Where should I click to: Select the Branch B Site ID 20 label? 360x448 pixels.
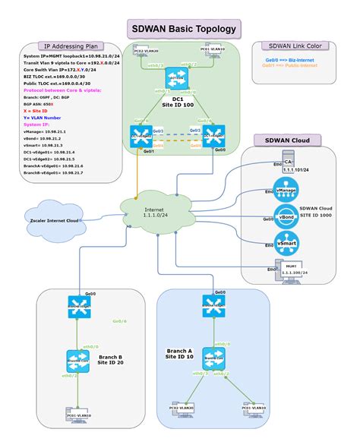pos(112,359)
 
